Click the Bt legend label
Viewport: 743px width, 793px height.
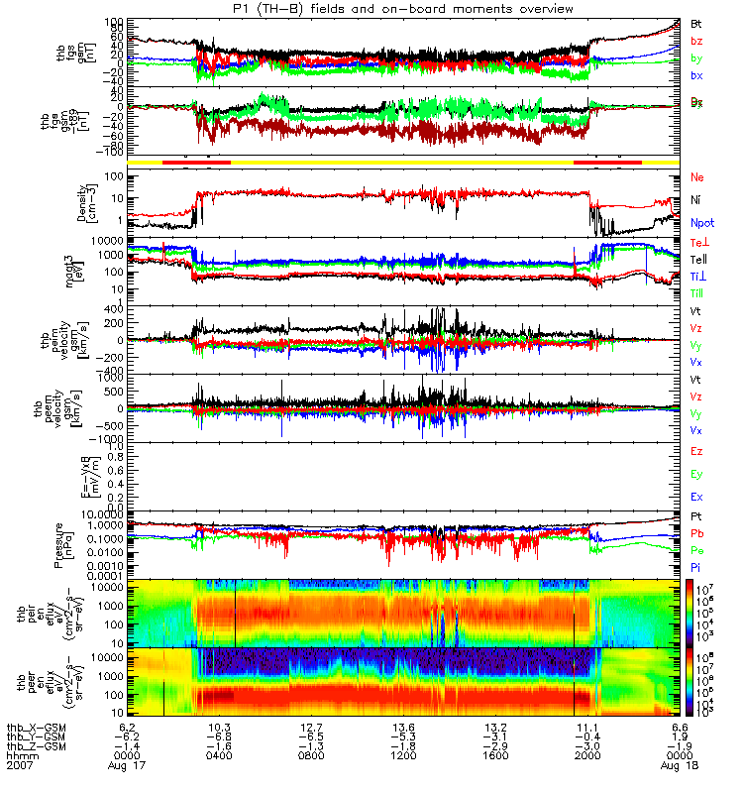696,23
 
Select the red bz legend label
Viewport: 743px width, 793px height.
696,41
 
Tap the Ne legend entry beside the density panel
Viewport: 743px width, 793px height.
697,177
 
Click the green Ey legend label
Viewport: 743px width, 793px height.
697,474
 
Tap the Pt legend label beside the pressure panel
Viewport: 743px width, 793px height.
696,517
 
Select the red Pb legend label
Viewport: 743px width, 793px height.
696,533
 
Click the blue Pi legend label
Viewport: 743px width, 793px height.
696,566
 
